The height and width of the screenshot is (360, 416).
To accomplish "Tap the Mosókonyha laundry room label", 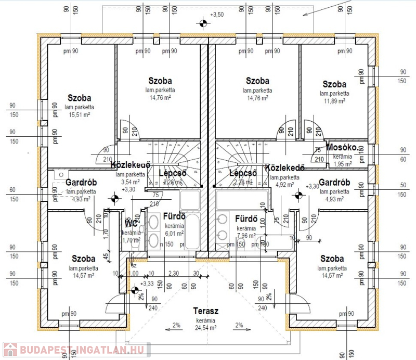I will (341, 147).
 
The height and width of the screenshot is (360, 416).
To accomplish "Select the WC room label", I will (131, 224).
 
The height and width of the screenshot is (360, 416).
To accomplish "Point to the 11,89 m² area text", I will (334, 100).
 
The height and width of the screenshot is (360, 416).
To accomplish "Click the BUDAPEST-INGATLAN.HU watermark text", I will (83, 350).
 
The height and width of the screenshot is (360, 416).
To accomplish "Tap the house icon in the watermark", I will (10, 350).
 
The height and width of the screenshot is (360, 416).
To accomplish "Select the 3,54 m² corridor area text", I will (130, 183).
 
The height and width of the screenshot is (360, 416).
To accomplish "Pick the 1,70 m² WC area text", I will (131, 240).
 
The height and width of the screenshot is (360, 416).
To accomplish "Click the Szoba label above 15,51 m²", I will (80, 98).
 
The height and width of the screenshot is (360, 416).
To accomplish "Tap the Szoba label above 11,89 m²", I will (334, 84).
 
